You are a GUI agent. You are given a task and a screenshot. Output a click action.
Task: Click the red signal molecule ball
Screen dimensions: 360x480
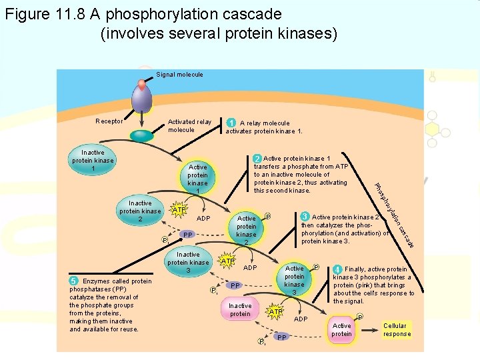(141, 85)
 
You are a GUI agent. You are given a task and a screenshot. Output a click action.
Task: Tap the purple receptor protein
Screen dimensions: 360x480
(141, 101)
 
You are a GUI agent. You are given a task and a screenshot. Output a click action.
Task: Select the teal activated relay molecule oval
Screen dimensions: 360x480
(141, 135)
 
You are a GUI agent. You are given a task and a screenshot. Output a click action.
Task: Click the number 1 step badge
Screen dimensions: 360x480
(231, 123)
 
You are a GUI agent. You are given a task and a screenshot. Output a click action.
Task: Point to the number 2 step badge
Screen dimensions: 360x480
(257, 159)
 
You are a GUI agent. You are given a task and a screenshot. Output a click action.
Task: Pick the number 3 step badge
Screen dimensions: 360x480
(305, 217)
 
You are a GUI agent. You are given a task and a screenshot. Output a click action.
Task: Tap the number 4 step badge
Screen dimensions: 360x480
(338, 269)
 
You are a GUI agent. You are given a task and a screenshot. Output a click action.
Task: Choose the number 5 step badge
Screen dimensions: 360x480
(75, 281)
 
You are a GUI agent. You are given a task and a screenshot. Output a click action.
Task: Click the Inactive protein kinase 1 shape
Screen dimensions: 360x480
(93, 161)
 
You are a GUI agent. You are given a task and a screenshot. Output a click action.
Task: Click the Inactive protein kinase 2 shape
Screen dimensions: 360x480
(140, 211)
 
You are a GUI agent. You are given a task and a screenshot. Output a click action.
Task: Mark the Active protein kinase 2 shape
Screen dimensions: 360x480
(247, 230)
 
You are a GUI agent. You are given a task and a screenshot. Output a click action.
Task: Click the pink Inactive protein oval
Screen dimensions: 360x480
(240, 310)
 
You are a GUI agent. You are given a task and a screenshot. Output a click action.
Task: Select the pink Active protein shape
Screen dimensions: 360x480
(341, 330)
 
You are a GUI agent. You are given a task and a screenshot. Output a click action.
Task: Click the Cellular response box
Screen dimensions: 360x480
(397, 330)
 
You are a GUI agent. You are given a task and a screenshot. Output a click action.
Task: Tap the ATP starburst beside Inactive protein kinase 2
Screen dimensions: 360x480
(177, 211)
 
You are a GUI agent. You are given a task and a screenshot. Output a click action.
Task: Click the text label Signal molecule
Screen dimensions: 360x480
(179, 75)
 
